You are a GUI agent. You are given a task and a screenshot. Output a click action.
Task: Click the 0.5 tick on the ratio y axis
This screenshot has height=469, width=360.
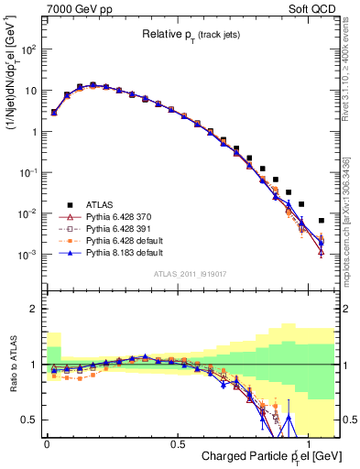pos(29,420)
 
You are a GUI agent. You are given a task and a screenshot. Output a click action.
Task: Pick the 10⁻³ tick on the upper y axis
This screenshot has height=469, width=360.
pos(27,254)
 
